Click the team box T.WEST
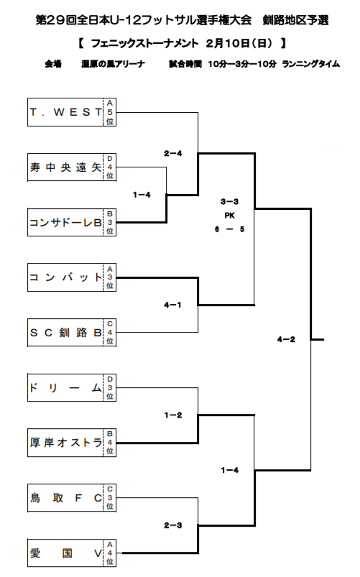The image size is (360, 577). coord(65,111)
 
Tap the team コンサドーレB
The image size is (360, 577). coord(65,222)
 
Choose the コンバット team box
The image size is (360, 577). coord(65,277)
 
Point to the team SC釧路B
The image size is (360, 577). coord(65,333)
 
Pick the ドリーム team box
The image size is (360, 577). coord(65,388)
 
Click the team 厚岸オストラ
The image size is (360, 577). coord(65,442)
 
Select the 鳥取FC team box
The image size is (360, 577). coord(65,497)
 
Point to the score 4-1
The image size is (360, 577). coord(172,305)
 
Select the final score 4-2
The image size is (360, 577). coord(285,338)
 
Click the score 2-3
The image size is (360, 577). coord(172,525)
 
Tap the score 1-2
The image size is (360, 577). coord(172,415)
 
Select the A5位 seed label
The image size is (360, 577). coord(110,111)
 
